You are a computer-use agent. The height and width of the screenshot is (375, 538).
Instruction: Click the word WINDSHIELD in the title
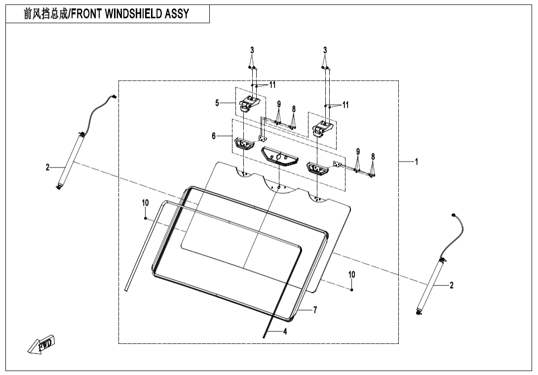pyautogui.click(x=135, y=14)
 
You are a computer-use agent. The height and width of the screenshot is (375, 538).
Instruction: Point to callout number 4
pyautogui.click(x=285, y=332)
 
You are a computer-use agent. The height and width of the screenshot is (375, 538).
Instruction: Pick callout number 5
pyautogui.click(x=217, y=103)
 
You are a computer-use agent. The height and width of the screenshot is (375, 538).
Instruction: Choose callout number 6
pyautogui.click(x=214, y=136)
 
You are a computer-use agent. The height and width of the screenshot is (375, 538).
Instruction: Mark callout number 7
pyautogui.click(x=315, y=310)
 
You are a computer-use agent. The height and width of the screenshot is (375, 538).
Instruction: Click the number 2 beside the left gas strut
pyautogui.click(x=48, y=168)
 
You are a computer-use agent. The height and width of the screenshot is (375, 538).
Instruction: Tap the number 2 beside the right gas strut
pyautogui.click(x=451, y=285)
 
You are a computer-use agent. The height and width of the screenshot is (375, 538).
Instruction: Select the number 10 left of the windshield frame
pyautogui.click(x=145, y=203)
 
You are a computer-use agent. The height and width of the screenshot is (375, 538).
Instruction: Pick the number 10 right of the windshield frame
pyautogui.click(x=351, y=274)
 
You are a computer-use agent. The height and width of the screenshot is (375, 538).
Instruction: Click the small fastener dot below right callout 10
pyautogui.click(x=351, y=290)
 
